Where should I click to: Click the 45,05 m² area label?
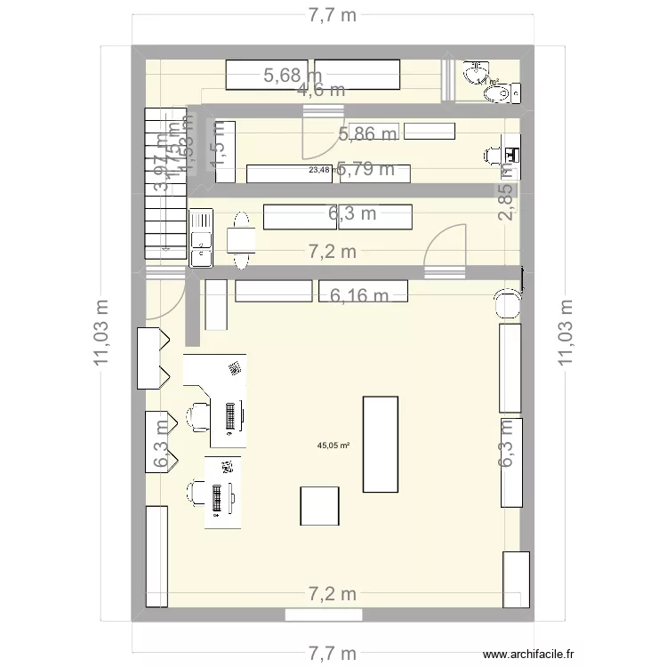coord(333,446)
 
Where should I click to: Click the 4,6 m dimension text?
coord(322,89)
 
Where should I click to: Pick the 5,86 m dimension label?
coord(367,133)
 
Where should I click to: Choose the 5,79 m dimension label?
coord(366,170)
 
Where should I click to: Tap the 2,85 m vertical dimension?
coord(506,203)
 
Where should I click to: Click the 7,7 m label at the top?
coord(333,15)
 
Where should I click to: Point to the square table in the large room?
coord(319,505)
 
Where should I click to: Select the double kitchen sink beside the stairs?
coord(200,237)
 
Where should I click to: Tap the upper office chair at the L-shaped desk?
coord(197,414)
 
